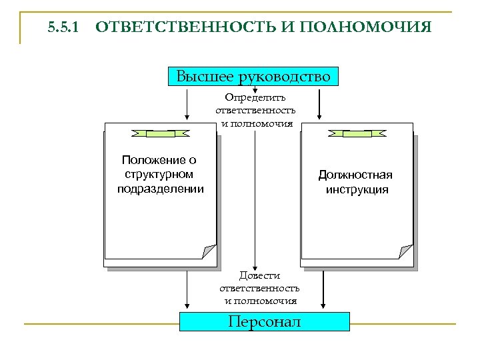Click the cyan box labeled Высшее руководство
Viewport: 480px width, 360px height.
click(253, 76)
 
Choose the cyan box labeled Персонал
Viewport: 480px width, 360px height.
click(265, 321)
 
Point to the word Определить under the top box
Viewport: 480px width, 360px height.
click(255, 97)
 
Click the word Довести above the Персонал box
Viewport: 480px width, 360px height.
click(260, 275)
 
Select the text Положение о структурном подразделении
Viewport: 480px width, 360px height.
click(161, 174)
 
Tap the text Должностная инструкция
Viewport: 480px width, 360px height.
click(355, 182)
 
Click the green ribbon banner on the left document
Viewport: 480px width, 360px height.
click(161, 133)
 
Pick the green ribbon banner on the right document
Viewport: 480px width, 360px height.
click(357, 133)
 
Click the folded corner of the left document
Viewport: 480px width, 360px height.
click(209, 251)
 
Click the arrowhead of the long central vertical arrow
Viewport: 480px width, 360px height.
click(253, 265)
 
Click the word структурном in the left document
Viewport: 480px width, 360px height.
click(160, 175)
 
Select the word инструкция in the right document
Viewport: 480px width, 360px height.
click(357, 190)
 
